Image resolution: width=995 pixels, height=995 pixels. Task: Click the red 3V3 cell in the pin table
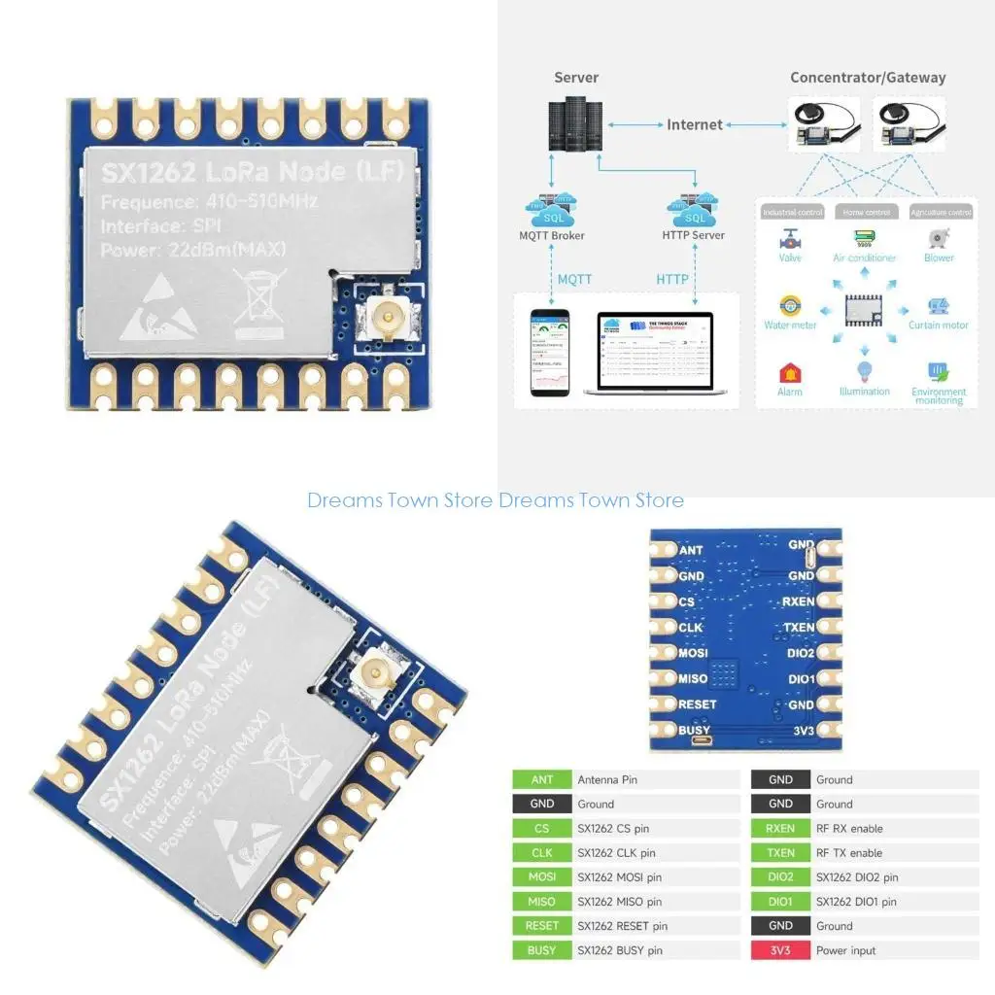pos(780,950)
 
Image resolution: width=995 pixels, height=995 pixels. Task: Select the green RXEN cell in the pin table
pos(780,829)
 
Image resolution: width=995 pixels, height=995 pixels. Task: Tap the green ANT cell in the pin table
pos(542,780)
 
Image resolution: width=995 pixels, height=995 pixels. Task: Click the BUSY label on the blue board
pos(695,730)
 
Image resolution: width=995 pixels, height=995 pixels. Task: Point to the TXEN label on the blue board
pos(799,628)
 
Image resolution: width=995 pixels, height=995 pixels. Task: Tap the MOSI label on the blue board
pos(693,653)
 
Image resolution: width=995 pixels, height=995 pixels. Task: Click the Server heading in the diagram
pos(576,78)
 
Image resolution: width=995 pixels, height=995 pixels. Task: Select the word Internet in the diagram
pos(694,124)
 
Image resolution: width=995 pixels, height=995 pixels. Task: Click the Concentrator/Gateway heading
pos(867,78)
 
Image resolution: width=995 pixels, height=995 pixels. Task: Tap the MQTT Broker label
pos(553,235)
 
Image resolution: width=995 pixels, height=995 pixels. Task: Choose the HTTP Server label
pos(693,235)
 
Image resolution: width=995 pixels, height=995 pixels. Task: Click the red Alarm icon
pos(789,372)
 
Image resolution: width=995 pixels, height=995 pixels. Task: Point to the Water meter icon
pos(790,305)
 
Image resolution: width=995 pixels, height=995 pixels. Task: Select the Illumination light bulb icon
pos(864,370)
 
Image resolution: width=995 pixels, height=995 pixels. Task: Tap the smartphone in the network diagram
pos(547,352)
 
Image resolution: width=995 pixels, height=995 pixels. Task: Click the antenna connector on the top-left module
pos(387,318)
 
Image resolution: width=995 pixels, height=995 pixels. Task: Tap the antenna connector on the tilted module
pos(370,670)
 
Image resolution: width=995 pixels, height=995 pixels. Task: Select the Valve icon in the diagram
pos(789,238)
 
